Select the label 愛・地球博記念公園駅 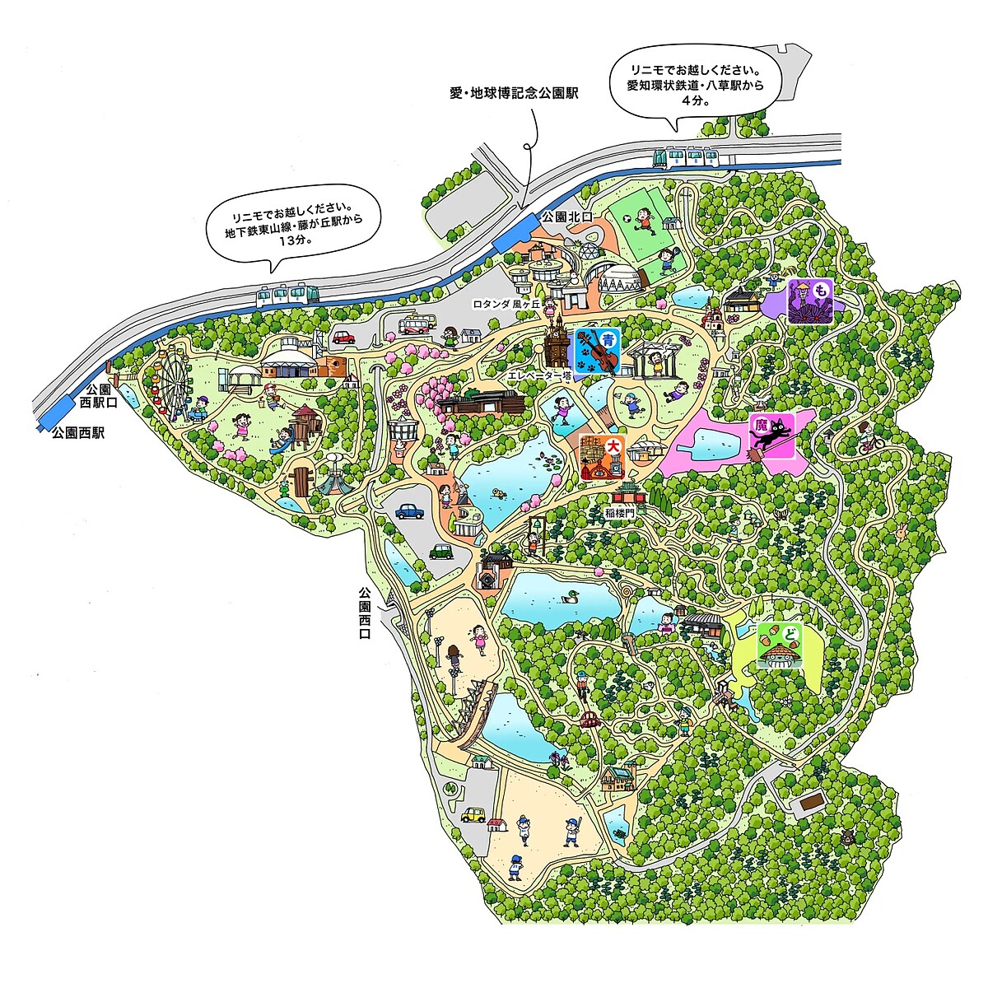click(514, 93)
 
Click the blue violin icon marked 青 click(597, 352)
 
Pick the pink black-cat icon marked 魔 click(771, 435)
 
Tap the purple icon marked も click(810, 301)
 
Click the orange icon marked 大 click(601, 457)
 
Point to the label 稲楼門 click(618, 512)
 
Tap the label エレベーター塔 click(539, 375)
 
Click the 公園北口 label click(567, 216)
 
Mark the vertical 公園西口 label click(365, 613)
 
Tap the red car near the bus click(343, 337)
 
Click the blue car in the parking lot click(410, 511)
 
